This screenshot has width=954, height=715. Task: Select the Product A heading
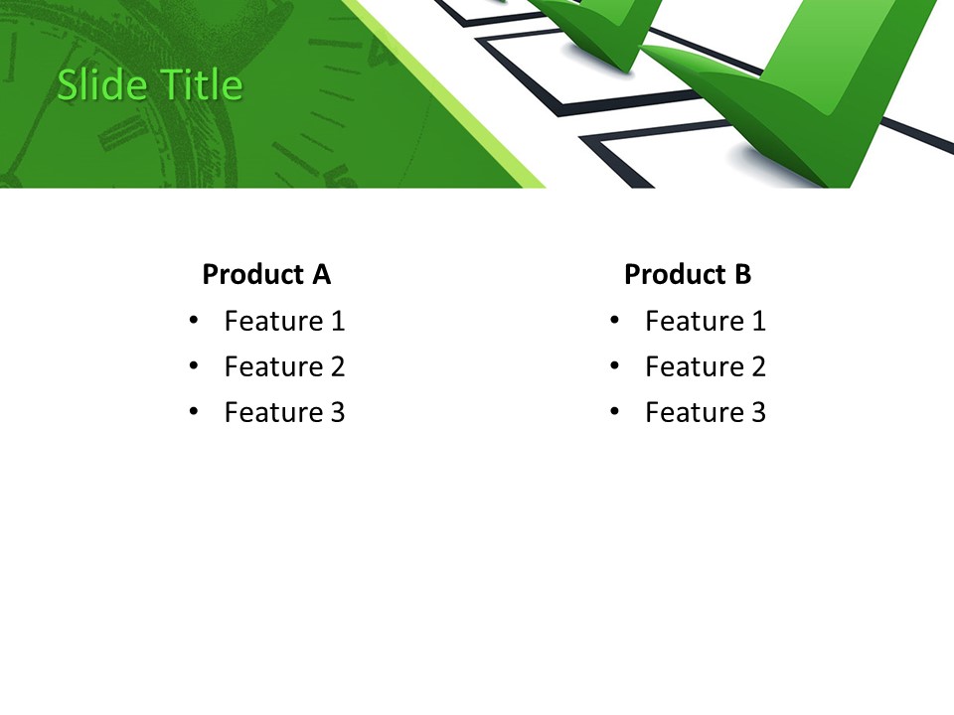(266, 274)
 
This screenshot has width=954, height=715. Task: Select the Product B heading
(688, 274)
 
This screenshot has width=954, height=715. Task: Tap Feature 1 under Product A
(284, 321)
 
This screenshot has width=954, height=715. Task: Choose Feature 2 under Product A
(284, 366)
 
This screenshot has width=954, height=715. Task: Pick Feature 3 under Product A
(284, 412)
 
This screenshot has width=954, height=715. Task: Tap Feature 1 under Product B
(706, 321)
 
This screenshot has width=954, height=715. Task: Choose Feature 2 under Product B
(706, 366)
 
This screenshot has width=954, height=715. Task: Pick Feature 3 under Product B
(706, 412)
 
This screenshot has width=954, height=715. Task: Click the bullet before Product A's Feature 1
(194, 320)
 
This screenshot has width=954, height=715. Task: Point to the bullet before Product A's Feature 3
(194, 411)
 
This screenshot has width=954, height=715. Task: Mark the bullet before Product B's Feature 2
(615, 365)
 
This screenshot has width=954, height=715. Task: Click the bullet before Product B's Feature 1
(615, 320)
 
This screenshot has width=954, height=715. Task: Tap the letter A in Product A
(321, 274)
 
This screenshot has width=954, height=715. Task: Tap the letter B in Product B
(742, 274)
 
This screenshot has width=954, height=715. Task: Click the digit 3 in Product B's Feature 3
(758, 412)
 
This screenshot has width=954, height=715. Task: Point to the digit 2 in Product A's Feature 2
(337, 366)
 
